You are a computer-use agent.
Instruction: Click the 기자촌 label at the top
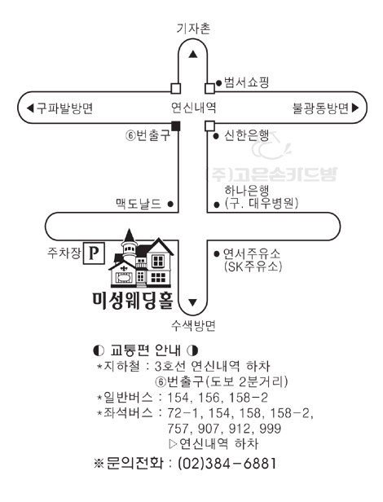click(x=193, y=29)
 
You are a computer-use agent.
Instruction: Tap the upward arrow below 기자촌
click(x=193, y=55)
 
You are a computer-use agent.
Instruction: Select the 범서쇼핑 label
click(x=246, y=82)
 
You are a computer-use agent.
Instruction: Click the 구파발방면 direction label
click(x=64, y=108)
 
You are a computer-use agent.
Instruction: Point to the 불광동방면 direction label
click(x=320, y=108)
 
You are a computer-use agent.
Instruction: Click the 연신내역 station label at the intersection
click(x=193, y=108)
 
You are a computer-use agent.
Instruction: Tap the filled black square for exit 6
click(x=176, y=126)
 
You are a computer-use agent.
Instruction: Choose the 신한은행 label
click(x=246, y=136)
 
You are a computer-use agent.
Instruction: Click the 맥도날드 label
click(x=139, y=203)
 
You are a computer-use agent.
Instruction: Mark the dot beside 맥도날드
click(x=170, y=203)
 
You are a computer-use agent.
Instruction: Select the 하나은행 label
click(x=247, y=191)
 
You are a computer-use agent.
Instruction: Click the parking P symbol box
click(x=94, y=253)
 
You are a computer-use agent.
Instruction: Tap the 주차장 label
click(x=64, y=253)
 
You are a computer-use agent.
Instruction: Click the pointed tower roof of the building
click(x=130, y=236)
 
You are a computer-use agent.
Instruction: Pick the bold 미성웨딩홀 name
click(x=133, y=301)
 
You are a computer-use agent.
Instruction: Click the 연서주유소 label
click(x=251, y=253)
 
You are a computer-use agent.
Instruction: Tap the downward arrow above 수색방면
click(x=192, y=302)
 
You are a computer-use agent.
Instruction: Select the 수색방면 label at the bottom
click(x=193, y=326)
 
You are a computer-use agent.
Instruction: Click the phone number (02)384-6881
click(x=227, y=463)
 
